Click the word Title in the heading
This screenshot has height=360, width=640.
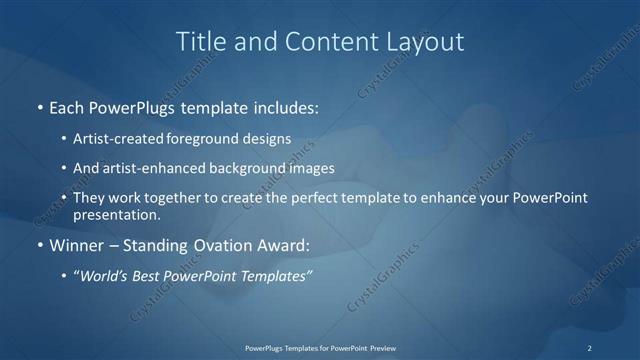point(199,42)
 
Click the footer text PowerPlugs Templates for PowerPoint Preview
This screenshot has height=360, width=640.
point(319,347)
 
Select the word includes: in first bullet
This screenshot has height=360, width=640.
point(285,105)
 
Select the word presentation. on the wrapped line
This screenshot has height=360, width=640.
point(117,214)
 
